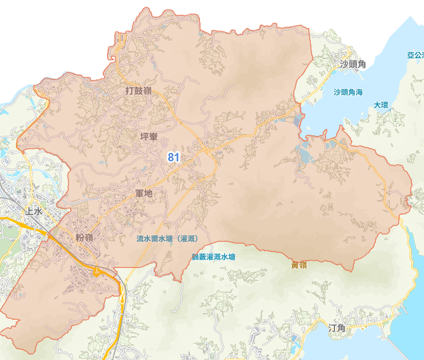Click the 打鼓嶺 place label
click(x=138, y=91)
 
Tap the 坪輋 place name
click(x=149, y=136)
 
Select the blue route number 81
click(x=174, y=157)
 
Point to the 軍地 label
click(x=144, y=193)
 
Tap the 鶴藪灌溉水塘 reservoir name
click(x=213, y=257)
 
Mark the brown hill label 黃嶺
click(x=299, y=264)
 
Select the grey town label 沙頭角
click(x=353, y=64)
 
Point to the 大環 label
click(x=381, y=105)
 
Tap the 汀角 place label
click(x=337, y=328)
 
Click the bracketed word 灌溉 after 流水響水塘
click(x=189, y=239)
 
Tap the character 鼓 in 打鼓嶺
click(x=138, y=91)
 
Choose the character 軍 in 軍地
click(x=139, y=193)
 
